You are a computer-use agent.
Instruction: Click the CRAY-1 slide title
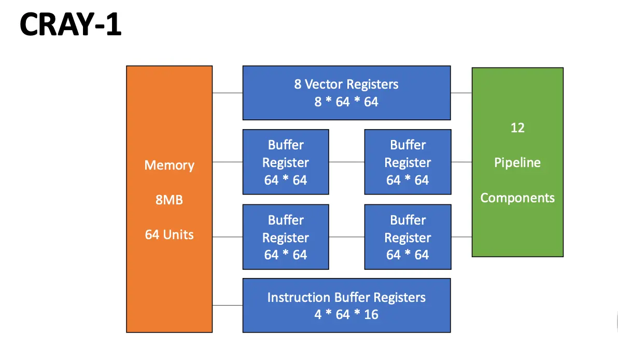(71, 25)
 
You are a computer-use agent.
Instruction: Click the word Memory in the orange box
(169, 165)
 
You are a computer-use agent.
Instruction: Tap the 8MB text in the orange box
(169, 200)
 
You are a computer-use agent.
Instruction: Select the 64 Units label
(169, 234)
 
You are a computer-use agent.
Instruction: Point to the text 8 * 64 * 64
(346, 102)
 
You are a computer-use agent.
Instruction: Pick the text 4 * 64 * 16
(346, 314)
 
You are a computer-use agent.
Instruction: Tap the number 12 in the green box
(517, 128)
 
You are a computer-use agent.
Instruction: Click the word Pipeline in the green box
(517, 163)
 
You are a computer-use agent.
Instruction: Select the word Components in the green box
(517, 198)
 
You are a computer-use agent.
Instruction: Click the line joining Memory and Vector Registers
(228, 93)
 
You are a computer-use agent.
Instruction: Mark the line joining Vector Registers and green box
(461, 93)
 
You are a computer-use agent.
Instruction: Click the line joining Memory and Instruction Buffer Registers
(228, 306)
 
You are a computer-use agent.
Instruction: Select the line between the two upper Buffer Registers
(346, 162)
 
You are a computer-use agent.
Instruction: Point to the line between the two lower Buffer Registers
(346, 237)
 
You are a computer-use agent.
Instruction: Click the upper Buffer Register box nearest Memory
(286, 162)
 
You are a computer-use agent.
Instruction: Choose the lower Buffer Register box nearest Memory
(286, 237)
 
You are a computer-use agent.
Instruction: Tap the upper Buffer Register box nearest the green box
(408, 162)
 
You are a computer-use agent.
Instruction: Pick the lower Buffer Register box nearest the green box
(408, 237)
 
